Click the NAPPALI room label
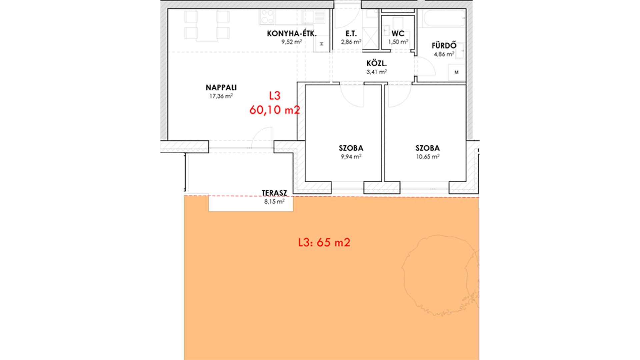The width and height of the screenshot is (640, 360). pos(221,88)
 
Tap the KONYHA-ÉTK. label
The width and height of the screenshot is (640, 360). pos(292,34)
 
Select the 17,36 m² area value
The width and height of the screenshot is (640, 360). pos(221,96)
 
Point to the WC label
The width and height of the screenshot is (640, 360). pos(398,34)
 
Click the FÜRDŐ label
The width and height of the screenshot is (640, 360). pos(444,45)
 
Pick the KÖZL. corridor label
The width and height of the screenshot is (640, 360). pos(377,64)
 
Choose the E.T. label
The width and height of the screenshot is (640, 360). pos(351,34)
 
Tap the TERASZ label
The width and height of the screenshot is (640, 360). pos(274,193)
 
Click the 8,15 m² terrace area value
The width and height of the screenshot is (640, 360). pos(274,202)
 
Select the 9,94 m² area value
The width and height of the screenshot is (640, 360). pos(351,157)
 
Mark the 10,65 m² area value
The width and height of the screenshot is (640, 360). pos(428,157)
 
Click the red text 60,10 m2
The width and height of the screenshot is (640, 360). pos(275,110)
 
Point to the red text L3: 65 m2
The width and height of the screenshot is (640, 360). pos(324,242)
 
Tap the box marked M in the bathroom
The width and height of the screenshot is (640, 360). pos(456,73)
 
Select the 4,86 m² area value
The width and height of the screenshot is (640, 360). pos(444,54)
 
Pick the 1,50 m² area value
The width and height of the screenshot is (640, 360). pos(398,42)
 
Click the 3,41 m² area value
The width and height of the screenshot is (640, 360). pos(377,72)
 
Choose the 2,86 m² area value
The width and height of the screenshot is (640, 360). pos(351,42)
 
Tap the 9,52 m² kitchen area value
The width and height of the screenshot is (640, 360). pos(292,42)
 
